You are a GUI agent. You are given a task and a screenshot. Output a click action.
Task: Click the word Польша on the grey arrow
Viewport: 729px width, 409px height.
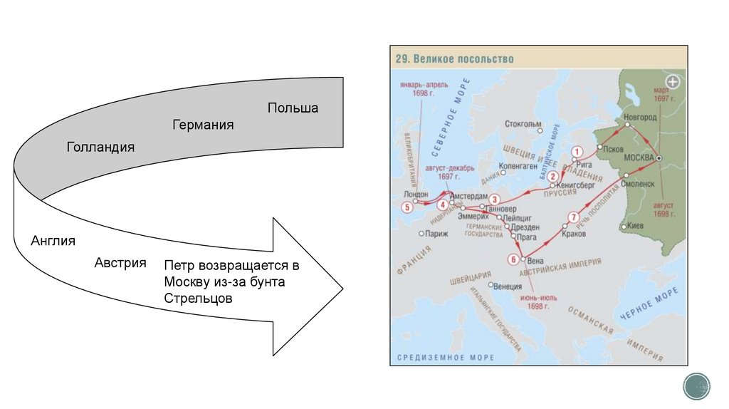(293, 108)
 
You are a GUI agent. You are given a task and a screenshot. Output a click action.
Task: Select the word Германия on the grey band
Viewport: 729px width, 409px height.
(203, 125)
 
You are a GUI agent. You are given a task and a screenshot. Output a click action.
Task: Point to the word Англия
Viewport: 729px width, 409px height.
(53, 241)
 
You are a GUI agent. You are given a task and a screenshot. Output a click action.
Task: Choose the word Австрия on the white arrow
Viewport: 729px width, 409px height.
(120, 263)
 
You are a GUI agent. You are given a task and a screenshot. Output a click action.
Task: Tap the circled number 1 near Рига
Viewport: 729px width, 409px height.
(577, 151)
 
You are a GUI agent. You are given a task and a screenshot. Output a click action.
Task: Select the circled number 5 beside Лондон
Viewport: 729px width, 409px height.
(407, 207)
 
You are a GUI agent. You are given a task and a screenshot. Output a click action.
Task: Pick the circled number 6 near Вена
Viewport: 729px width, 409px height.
(513, 259)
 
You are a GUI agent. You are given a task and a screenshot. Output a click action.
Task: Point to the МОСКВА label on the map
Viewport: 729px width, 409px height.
(637, 157)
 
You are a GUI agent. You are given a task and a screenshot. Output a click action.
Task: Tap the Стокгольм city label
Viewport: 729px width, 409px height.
(523, 125)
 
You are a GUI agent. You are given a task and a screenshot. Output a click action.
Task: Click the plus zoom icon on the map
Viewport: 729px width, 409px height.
(673, 82)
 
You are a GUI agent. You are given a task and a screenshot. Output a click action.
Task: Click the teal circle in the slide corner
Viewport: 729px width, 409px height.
(696, 385)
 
